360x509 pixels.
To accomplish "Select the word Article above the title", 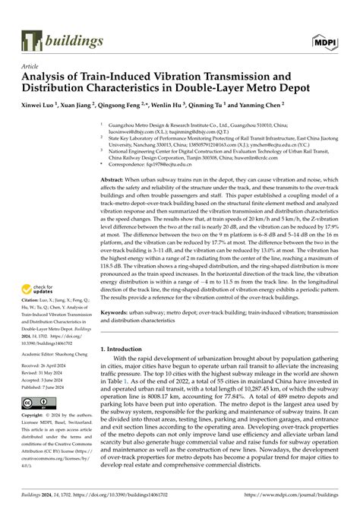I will pyautogui.click(x=30, y=66).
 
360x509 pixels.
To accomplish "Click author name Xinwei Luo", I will pyautogui.click(x=39, y=106).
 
